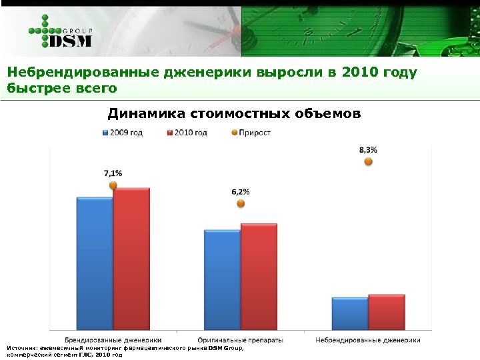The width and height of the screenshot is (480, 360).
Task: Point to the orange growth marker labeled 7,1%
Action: point(113,185)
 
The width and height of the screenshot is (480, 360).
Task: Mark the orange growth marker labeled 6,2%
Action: point(241,205)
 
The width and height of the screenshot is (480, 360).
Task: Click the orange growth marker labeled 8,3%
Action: point(368,161)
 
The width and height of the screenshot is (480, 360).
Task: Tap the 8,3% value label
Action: point(368,150)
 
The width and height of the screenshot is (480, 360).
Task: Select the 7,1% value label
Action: point(113,173)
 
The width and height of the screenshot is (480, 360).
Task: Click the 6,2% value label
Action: point(241,192)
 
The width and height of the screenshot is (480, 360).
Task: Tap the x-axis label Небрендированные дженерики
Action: point(368,340)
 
